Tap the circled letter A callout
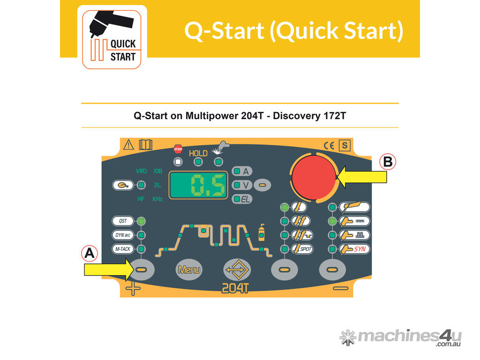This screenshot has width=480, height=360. (90, 254)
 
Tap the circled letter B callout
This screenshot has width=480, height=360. (388, 162)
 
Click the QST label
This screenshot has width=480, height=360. (122, 221)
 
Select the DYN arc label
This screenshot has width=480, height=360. (122, 235)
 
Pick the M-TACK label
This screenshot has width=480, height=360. (122, 249)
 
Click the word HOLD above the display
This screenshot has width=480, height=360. (198, 153)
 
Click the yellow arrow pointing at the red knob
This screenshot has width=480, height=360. (362, 177)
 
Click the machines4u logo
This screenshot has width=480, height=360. (400, 337)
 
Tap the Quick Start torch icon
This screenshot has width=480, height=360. (112, 37)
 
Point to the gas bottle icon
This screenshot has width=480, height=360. (261, 232)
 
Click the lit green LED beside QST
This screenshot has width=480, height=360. (142, 221)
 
